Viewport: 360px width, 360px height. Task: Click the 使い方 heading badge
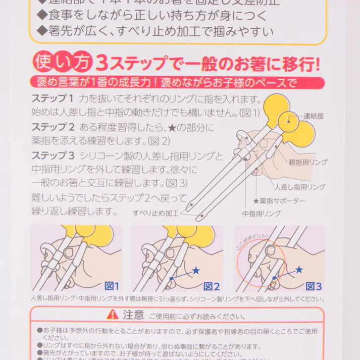tap(63, 62)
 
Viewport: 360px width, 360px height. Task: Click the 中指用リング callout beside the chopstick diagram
tap(261, 214)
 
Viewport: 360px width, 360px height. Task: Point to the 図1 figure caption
tap(111, 286)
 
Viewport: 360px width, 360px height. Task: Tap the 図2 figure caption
tap(212, 286)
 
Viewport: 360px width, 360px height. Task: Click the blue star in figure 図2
tap(196, 271)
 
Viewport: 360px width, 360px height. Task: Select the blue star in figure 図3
tap(299, 270)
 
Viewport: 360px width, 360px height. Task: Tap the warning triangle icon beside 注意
tap(113, 315)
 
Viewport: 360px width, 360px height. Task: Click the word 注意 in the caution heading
tap(133, 315)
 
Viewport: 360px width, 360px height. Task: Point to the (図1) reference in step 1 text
tap(249, 112)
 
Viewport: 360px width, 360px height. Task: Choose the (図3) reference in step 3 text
tap(176, 182)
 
